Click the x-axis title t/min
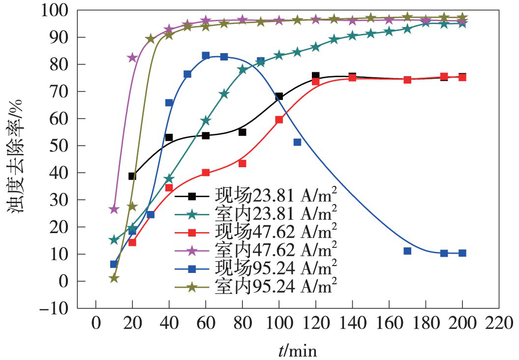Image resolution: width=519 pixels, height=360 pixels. [296, 351]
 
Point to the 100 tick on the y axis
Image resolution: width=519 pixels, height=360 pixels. [59, 10]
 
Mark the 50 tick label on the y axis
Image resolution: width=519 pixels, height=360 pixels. [62, 146]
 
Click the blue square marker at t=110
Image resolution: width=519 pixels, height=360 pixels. [297, 142]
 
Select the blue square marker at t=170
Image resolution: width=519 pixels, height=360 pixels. [407, 251]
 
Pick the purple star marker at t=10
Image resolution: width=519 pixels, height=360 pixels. [114, 210]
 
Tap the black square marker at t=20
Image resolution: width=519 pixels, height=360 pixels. [132, 176]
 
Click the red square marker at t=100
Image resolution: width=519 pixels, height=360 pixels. [279, 120]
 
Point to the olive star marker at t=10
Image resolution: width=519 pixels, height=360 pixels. [114, 278]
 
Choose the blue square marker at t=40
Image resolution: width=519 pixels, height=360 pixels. [169, 103]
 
